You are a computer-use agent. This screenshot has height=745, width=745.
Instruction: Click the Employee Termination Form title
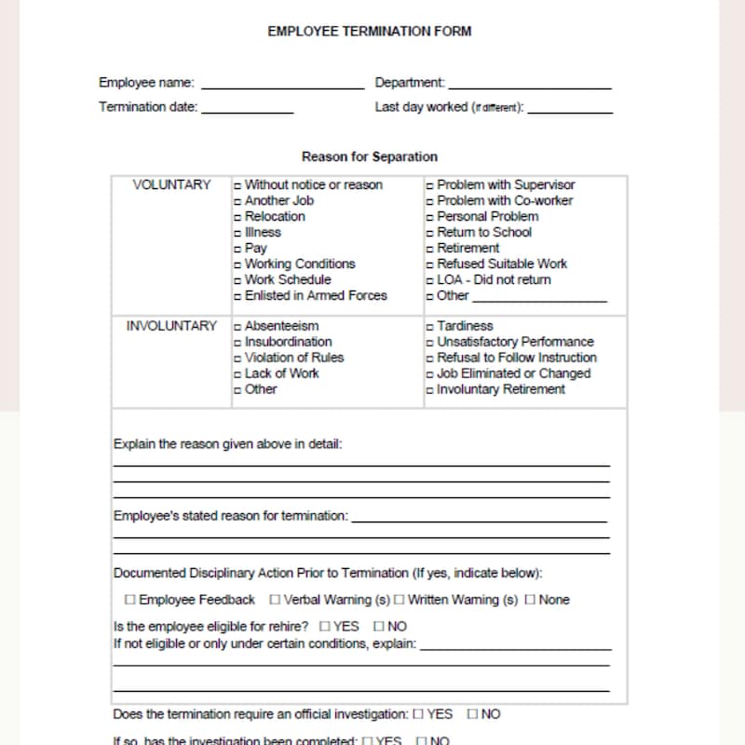coord(370,31)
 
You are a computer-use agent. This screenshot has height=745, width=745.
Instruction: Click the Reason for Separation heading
coord(370,156)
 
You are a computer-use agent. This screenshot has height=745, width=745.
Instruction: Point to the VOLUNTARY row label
coord(171,184)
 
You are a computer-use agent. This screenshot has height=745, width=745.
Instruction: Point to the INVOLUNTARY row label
coord(171,326)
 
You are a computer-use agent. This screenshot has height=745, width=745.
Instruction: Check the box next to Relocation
coord(238,217)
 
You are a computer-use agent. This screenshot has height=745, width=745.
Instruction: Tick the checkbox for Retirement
coord(430,249)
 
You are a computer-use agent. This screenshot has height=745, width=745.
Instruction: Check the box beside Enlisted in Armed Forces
coord(238,296)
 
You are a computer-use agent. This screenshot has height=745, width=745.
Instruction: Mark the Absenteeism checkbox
coord(238,327)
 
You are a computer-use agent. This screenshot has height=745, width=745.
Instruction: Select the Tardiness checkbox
coord(430,327)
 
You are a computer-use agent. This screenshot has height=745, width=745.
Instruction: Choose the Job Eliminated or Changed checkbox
coord(430,374)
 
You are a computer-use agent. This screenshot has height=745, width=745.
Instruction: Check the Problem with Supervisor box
coord(430,185)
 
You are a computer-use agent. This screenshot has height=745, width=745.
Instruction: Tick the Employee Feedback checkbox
coord(129,600)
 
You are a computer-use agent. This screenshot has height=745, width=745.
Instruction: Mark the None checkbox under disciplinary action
coord(530,600)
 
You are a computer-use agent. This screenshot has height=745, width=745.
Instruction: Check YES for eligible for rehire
coord(325,626)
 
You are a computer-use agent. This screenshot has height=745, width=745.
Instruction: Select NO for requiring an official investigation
coord(472,714)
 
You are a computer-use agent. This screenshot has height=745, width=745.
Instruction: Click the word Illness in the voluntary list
coord(263,232)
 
